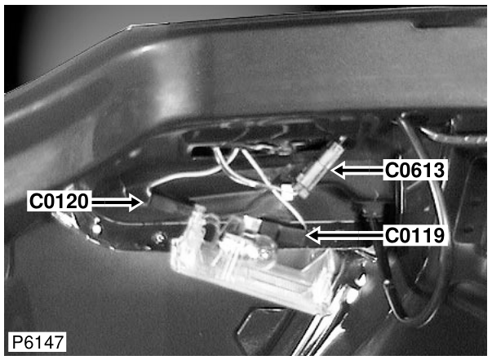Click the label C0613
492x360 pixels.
(x=414, y=171)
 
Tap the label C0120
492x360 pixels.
(x=59, y=201)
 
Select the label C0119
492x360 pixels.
(x=414, y=236)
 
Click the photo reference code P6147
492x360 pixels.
(x=38, y=342)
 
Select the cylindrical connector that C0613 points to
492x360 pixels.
(x=320, y=168)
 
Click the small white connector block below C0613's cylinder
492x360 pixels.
(x=288, y=192)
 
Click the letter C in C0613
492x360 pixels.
(x=391, y=171)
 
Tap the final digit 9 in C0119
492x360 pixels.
(x=438, y=236)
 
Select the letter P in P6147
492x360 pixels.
(x=16, y=342)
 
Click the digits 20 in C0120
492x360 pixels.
(x=78, y=201)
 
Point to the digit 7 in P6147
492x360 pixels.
(x=59, y=342)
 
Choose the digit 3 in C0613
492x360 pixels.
(x=438, y=171)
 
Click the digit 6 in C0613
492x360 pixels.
(x=414, y=171)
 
